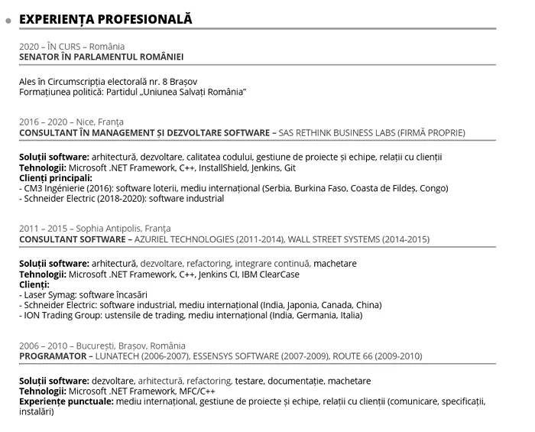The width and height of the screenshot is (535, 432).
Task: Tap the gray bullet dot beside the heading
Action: pyautogui.click(x=8, y=21)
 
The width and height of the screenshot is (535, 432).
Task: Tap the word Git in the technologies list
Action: pyautogui.click(x=290, y=167)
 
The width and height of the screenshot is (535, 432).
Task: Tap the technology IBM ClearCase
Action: pyautogui.click(x=271, y=274)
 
